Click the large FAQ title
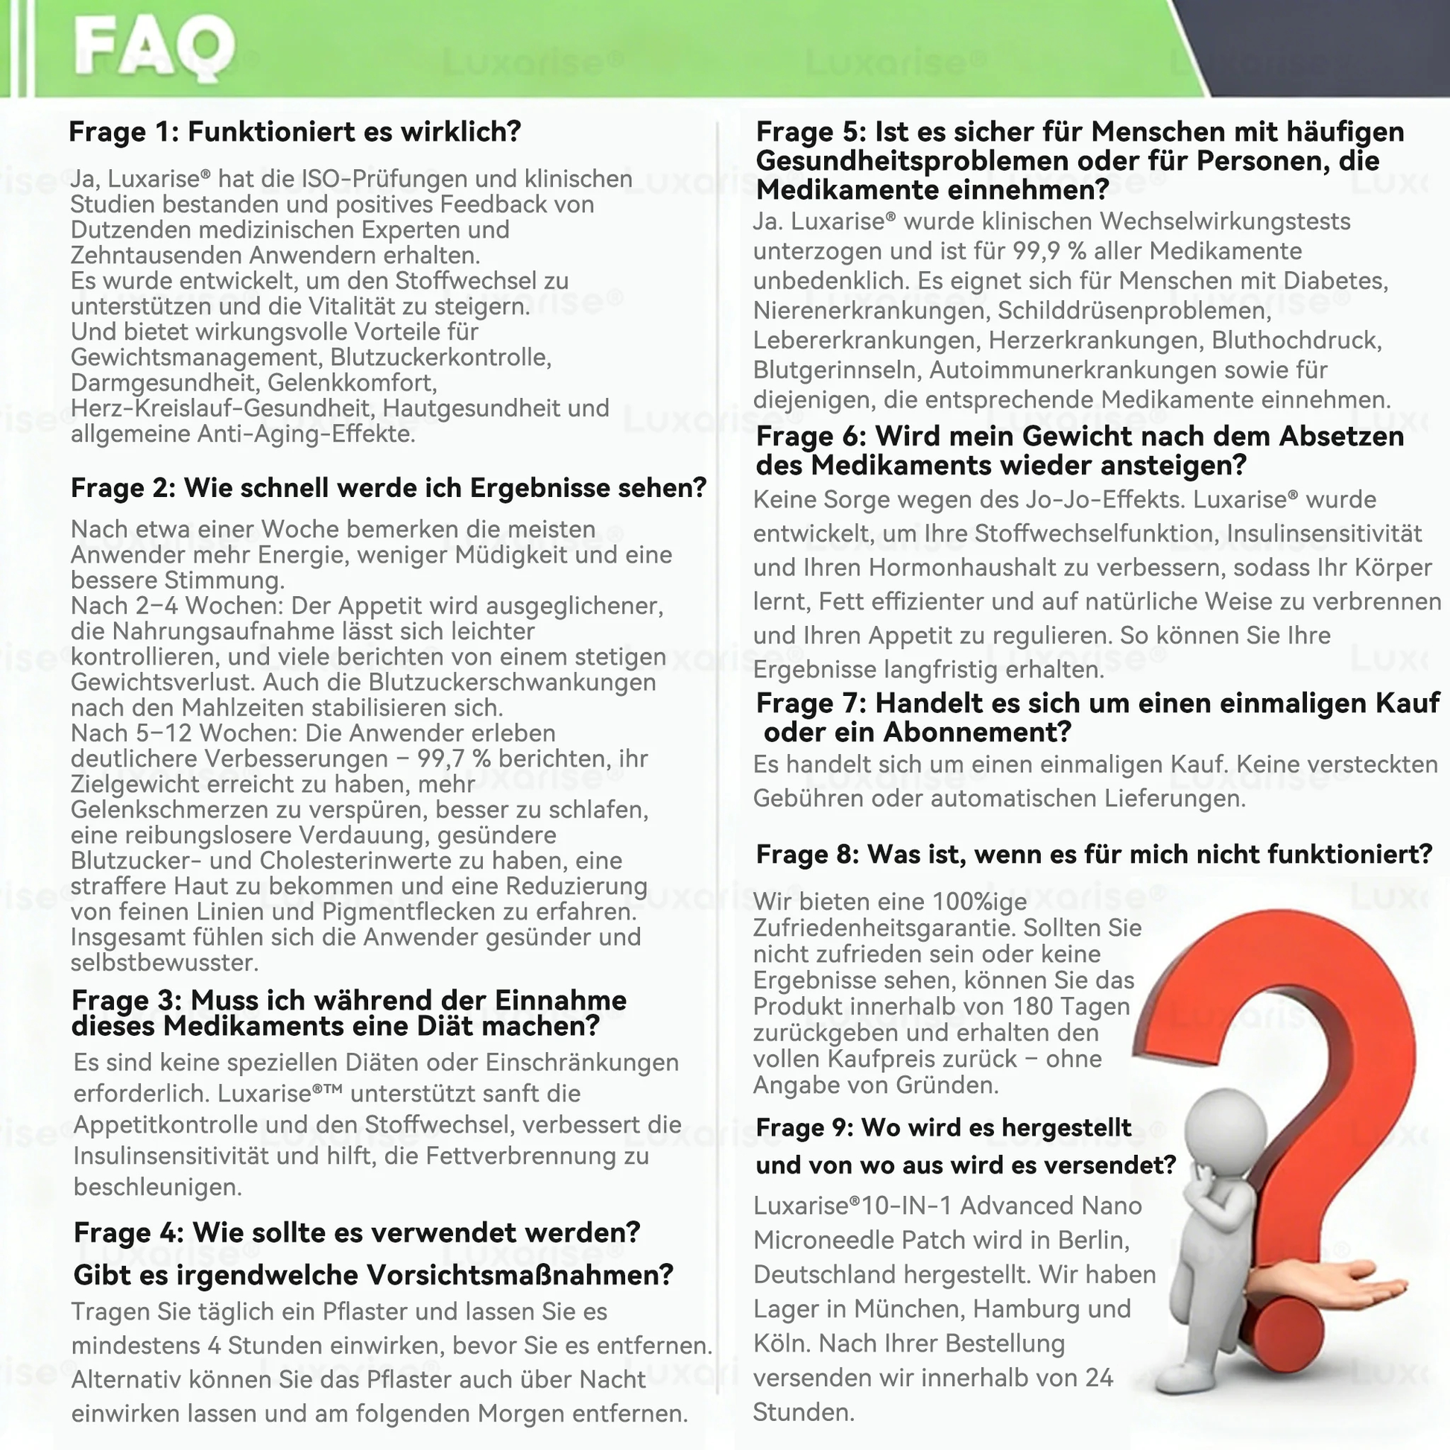click(153, 48)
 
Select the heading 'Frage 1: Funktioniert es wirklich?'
click(294, 132)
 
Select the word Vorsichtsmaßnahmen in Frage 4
click(526, 1275)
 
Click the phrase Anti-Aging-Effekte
click(306, 434)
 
